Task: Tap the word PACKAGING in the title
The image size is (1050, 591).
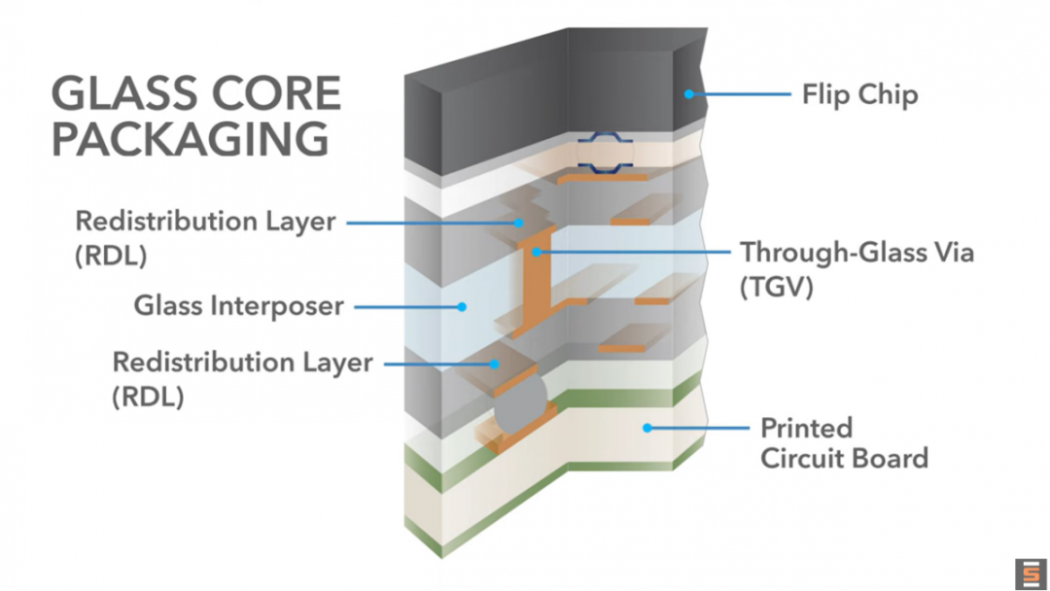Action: tap(190, 138)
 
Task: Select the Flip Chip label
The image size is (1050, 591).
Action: tap(859, 95)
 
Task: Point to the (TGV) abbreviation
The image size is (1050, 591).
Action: tap(776, 288)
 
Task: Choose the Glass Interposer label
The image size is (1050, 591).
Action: tap(238, 306)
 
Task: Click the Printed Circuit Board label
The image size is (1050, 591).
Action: tap(843, 442)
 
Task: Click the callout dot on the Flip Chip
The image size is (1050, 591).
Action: tap(688, 94)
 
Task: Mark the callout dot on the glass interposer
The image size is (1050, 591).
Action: tap(463, 306)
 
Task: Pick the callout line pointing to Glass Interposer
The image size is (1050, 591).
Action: tap(408, 306)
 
